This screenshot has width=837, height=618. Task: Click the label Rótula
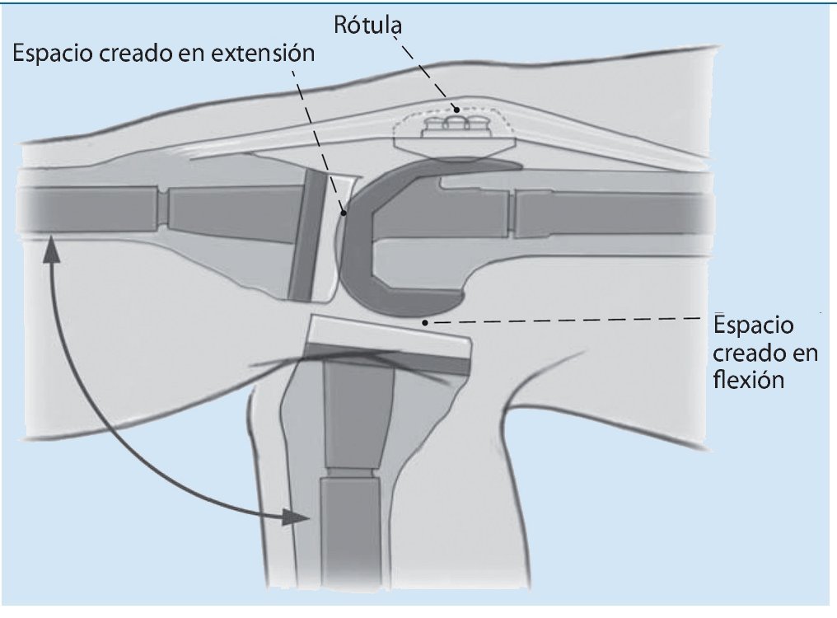[368, 25]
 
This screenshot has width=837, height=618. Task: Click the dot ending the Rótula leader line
[455, 108]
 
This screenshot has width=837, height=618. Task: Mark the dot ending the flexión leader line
[425, 323]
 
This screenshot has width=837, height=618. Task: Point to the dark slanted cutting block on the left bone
[305, 235]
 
